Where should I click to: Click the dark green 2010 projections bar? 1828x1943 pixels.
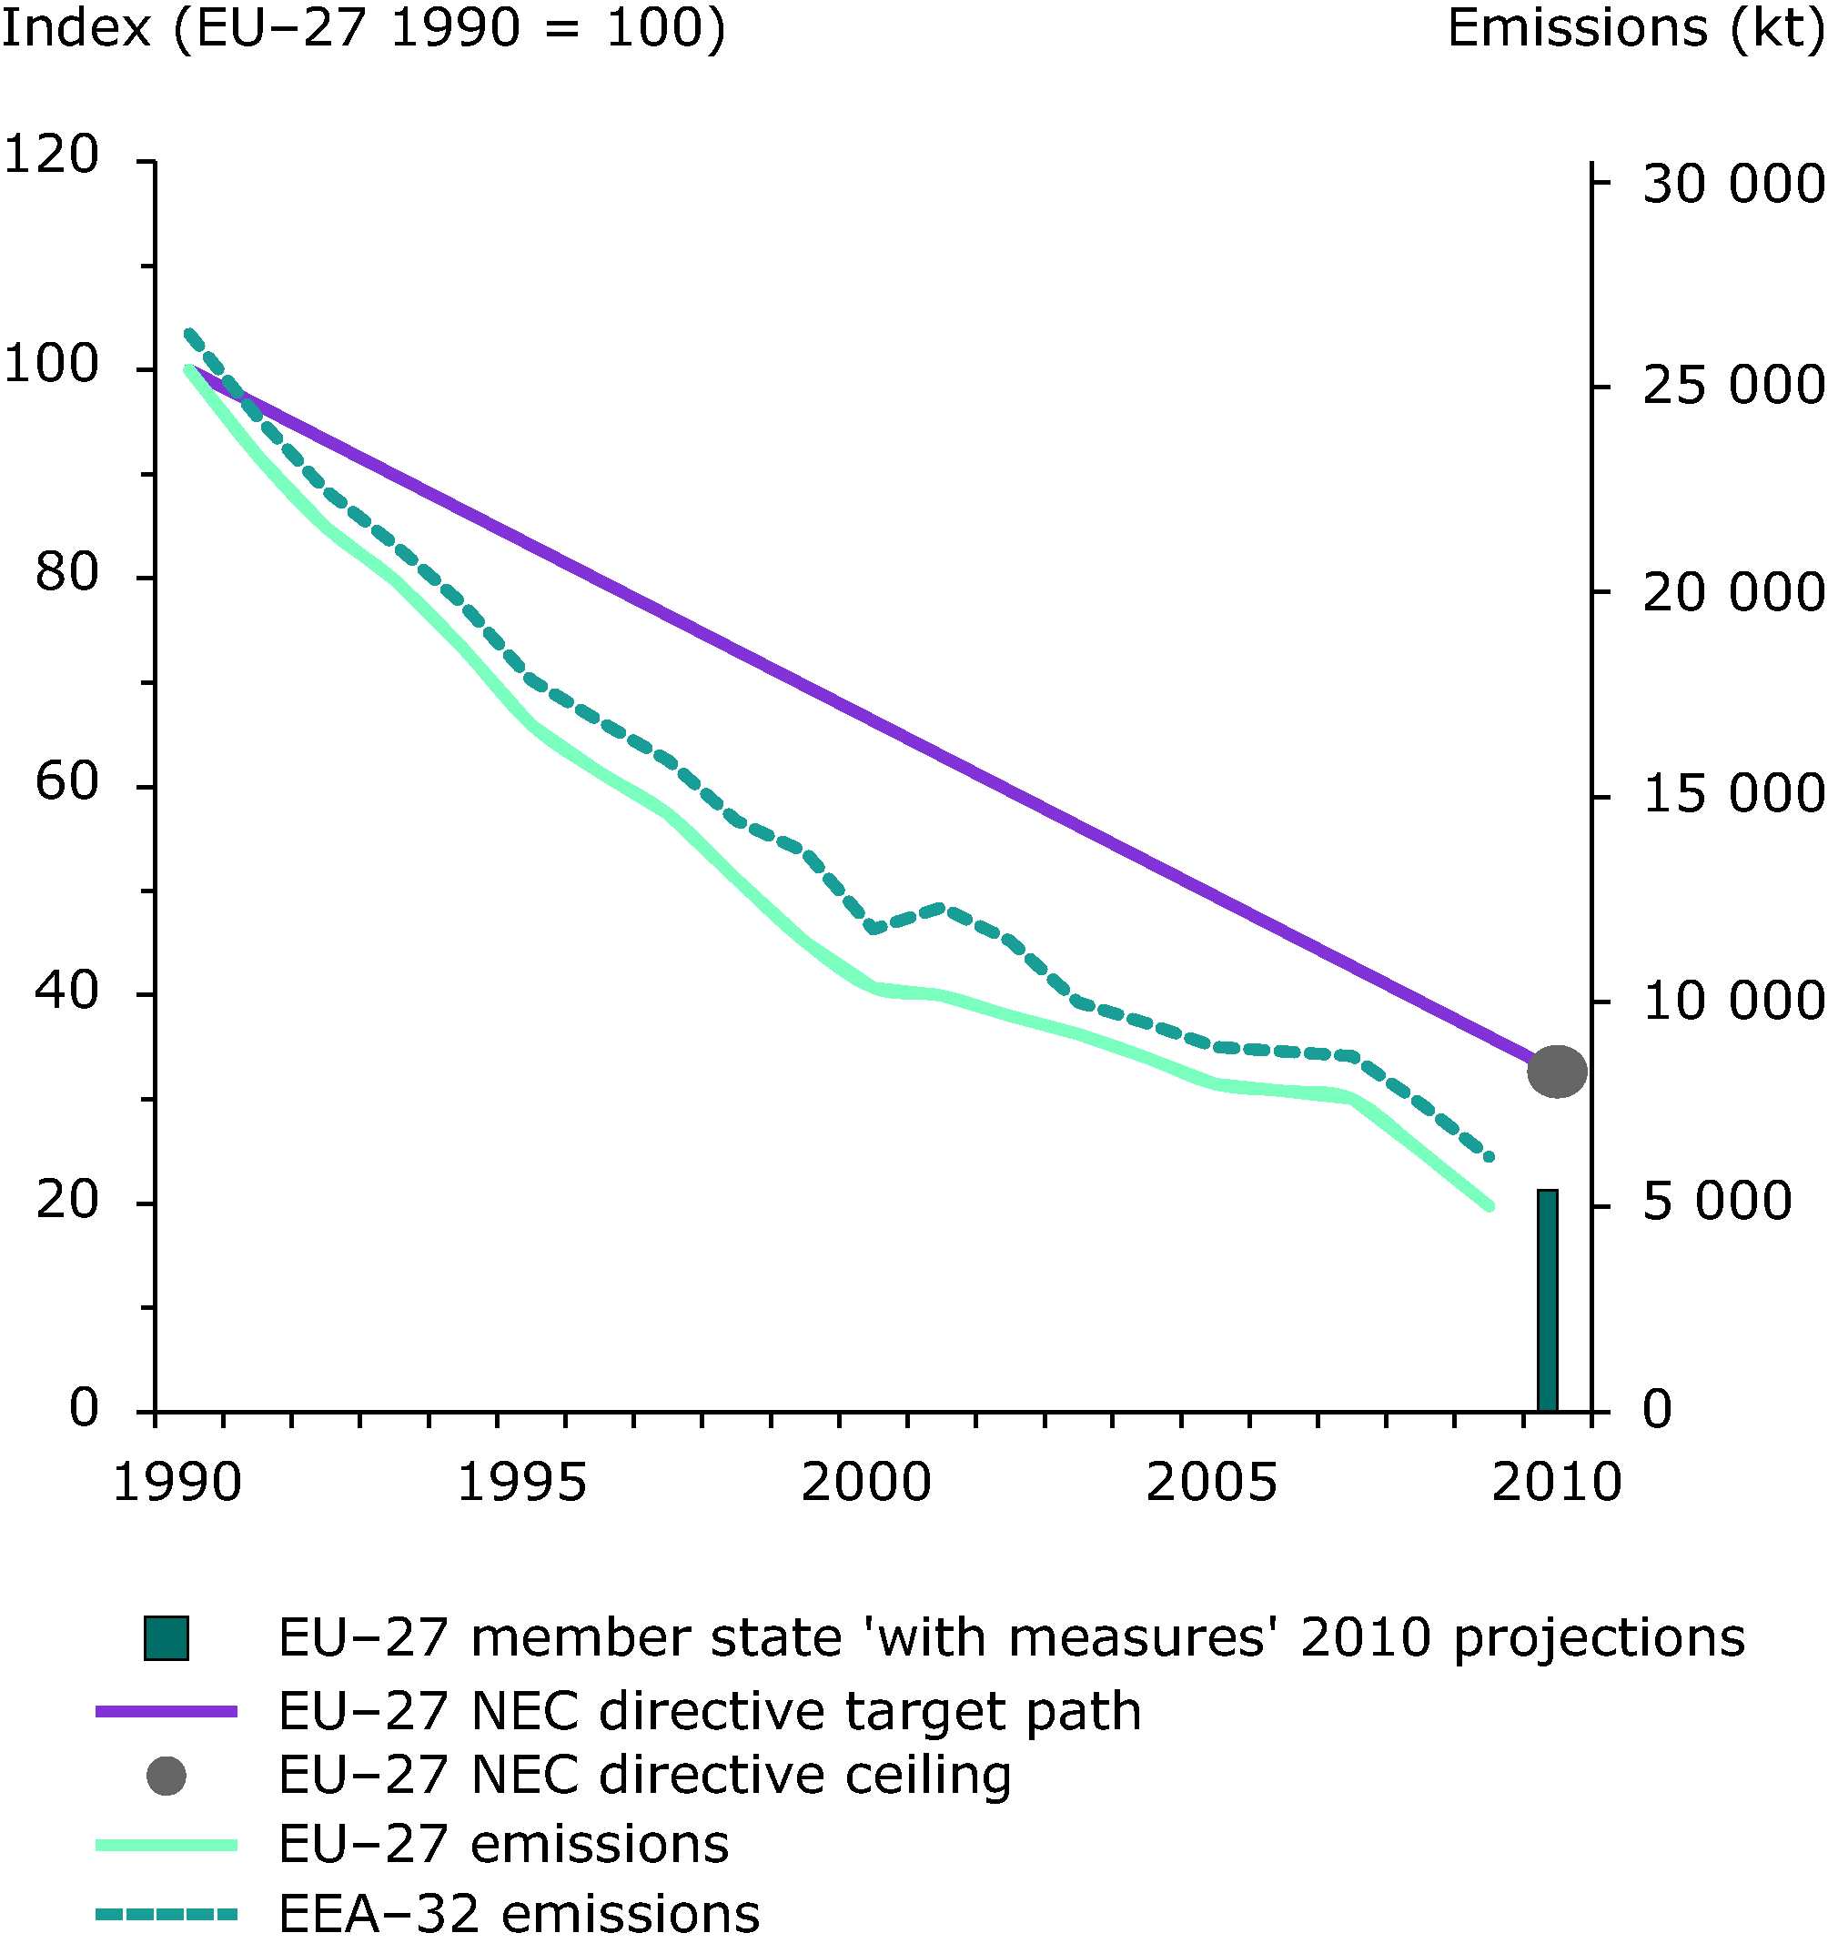[x=1547, y=1301]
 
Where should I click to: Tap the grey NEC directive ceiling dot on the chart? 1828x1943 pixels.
[x=1556, y=1072]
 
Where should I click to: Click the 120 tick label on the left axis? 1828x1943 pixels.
[x=51, y=155]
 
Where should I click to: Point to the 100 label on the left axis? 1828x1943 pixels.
[x=51, y=364]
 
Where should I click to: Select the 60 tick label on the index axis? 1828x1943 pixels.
[x=66, y=780]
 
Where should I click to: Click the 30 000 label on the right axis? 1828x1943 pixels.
[x=1732, y=184]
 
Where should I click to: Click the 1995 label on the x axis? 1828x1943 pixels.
[x=521, y=1483]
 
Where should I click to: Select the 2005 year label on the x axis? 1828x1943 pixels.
[x=1210, y=1483]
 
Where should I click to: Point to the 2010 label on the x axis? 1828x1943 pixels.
[x=1555, y=1483]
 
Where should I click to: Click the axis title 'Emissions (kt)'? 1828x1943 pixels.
[x=1635, y=27]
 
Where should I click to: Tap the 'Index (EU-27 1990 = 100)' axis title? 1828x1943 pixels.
[x=364, y=27]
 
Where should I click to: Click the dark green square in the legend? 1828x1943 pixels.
[x=167, y=1639]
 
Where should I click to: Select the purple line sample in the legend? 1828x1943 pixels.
[x=167, y=1711]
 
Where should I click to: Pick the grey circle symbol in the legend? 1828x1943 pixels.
[x=167, y=1775]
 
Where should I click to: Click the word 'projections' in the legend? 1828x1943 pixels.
[x=1599, y=1639]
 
